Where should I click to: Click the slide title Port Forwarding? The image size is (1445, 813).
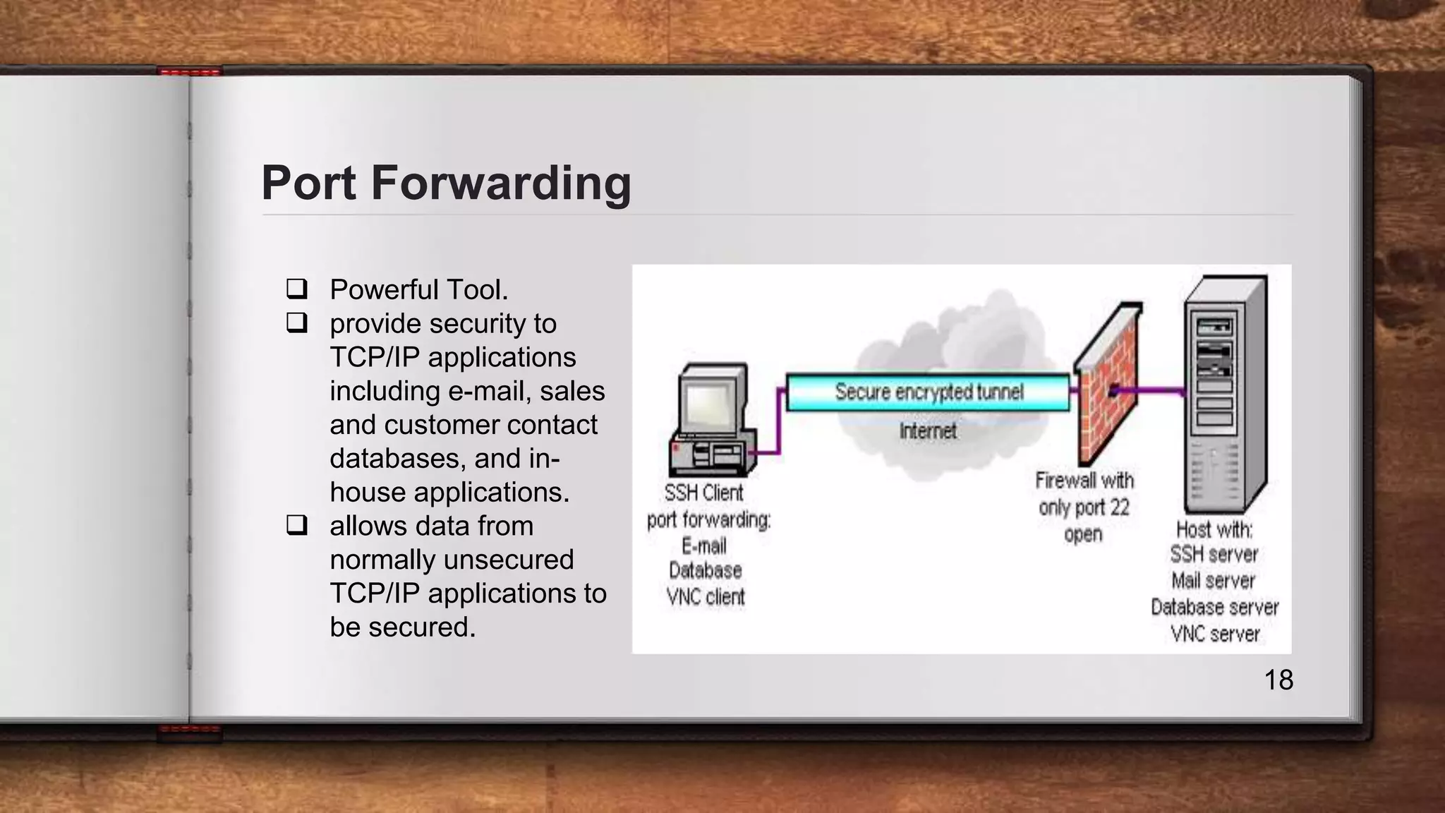tap(446, 183)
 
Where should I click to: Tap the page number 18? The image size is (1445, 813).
tap(1278, 680)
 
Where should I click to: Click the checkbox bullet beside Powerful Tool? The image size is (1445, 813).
tap(296, 289)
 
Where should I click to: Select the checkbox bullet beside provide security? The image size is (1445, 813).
tap(296, 323)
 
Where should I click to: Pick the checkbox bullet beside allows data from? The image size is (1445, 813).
tap(296, 526)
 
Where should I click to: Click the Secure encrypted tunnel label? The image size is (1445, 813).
tap(929, 392)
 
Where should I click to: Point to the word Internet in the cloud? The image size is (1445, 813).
tap(928, 430)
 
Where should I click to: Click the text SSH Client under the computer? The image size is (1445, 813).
tap(703, 493)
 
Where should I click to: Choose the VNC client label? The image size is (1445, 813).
tap(706, 597)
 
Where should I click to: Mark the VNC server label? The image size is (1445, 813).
tap(1215, 634)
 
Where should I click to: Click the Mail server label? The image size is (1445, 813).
tap(1214, 581)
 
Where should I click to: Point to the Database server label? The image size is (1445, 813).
tap(1214, 607)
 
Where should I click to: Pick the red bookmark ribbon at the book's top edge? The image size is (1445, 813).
tap(190, 71)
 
